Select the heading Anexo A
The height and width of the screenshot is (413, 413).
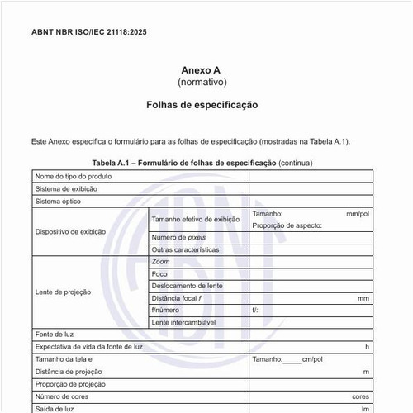coord(202,71)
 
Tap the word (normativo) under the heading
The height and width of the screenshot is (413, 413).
coord(202,83)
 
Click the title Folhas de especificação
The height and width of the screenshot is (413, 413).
coord(202,106)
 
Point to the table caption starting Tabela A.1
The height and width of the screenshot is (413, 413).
coord(202,163)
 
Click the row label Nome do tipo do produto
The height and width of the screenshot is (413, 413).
coord(74,176)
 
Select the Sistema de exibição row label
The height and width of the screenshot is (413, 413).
coord(66,188)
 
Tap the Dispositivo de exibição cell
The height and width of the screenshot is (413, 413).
coord(71,232)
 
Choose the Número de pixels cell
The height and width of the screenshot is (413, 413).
coord(178,237)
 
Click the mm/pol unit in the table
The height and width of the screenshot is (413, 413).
coord(358,214)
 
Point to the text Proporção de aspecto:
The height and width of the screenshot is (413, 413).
coord(287,225)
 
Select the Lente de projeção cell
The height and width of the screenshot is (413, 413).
coord(64,292)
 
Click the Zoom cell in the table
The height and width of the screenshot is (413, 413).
coord(161,262)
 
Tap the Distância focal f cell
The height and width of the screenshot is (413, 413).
coord(177,297)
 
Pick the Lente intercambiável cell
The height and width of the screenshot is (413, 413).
coord(183,321)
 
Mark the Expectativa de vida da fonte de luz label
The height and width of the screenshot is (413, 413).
coord(88,347)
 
